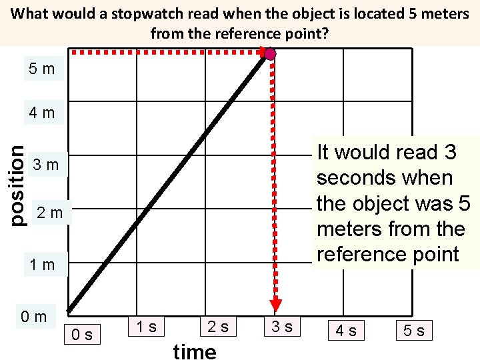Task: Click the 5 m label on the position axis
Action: (x=42, y=69)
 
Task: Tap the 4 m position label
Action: (x=42, y=113)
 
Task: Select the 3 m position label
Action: (x=46, y=165)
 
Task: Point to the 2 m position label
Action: (x=50, y=213)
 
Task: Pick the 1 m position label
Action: (x=42, y=265)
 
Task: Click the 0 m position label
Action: (x=34, y=317)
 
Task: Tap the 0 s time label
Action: (x=82, y=333)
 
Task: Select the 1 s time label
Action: (x=145, y=326)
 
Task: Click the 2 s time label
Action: (x=217, y=326)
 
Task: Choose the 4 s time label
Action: (x=345, y=329)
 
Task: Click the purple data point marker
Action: (x=270, y=54)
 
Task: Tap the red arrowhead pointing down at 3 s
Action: (x=274, y=304)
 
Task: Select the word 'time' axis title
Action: (x=195, y=351)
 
